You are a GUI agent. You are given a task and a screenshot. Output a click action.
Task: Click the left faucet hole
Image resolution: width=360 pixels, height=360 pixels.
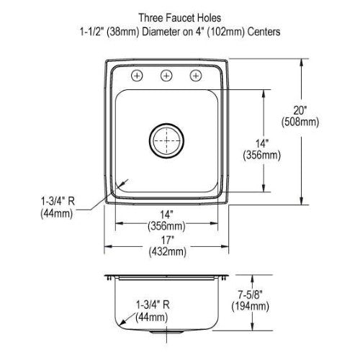point(137,76)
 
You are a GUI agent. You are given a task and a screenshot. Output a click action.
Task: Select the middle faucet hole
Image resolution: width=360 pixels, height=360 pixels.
point(166,76)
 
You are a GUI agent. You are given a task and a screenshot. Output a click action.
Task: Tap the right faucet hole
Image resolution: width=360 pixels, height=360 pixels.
point(196,76)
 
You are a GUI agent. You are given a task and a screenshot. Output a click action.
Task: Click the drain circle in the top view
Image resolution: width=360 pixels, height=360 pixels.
point(166,140)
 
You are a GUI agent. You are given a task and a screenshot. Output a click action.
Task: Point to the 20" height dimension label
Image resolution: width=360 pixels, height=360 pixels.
point(300,110)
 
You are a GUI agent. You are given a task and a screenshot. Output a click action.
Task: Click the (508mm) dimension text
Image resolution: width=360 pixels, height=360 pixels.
point(300,122)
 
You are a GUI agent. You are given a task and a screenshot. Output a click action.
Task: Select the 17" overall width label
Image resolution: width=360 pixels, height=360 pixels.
point(167,240)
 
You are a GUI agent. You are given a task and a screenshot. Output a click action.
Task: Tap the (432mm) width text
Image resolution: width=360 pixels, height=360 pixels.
point(167,251)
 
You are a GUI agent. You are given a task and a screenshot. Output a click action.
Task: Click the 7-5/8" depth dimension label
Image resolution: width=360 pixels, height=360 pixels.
point(250,294)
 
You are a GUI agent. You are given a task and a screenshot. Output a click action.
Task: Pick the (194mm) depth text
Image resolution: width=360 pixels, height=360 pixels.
point(250,306)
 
